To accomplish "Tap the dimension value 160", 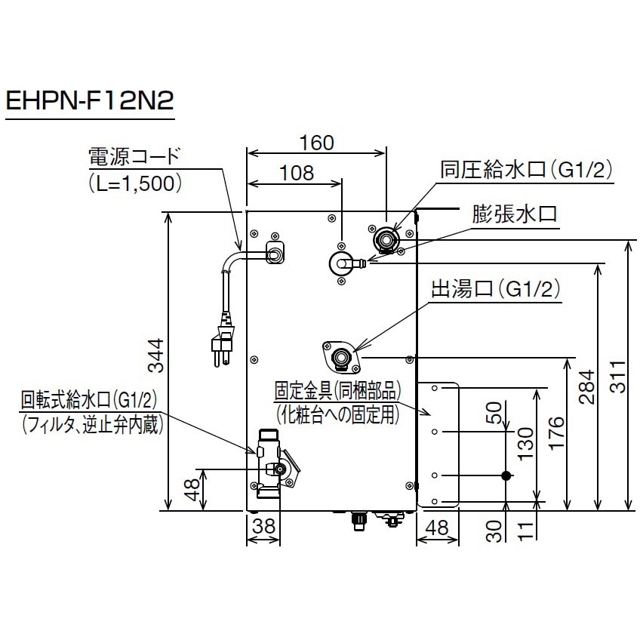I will (x=317, y=142).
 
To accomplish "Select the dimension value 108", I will (x=297, y=172).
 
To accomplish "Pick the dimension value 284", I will (x=589, y=388).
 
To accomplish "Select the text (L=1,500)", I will (x=134, y=183).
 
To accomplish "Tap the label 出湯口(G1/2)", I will (x=495, y=288).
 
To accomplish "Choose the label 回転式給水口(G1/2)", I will (x=94, y=397).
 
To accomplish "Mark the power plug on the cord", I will (x=222, y=347).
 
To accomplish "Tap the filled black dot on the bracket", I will (x=506, y=475).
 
